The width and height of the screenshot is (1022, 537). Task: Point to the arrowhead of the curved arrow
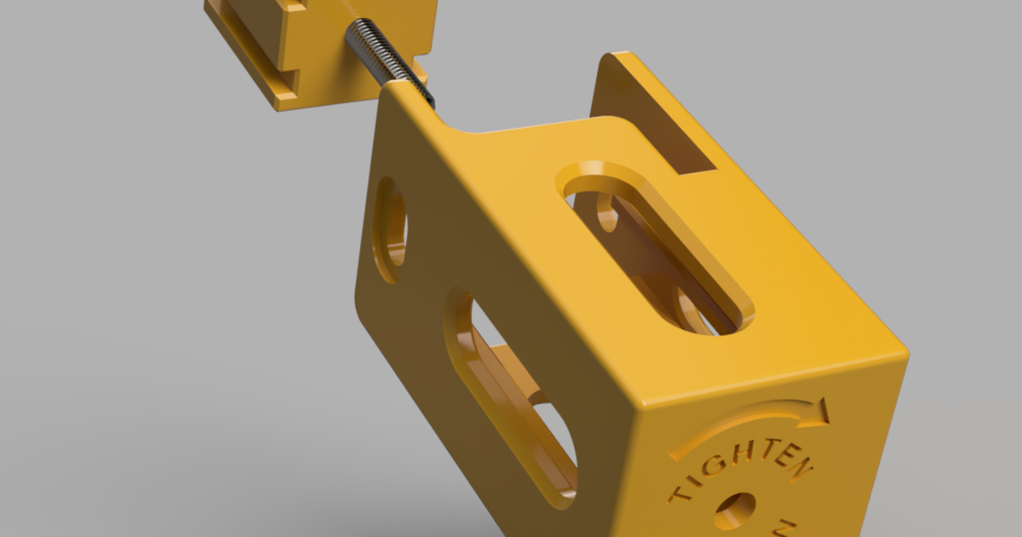coord(819,410)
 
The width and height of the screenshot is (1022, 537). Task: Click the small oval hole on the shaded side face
coord(390,230)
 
